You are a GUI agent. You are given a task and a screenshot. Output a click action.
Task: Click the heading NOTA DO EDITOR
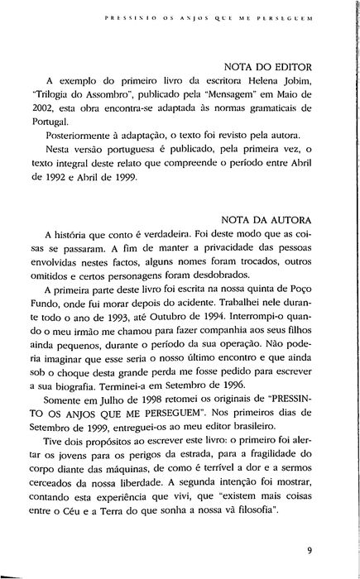(276, 67)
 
